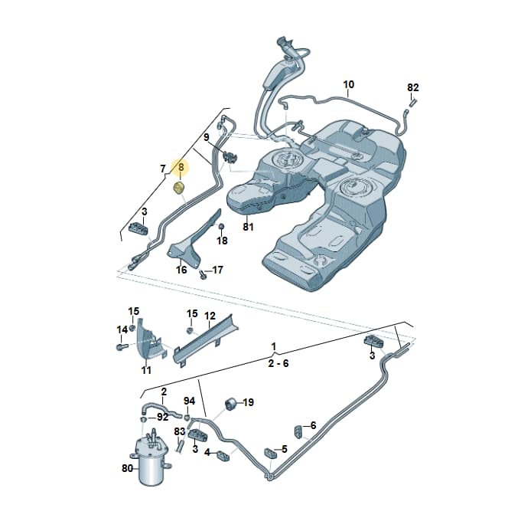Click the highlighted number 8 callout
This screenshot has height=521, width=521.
[181, 167]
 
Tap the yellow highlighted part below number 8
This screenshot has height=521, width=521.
[179, 188]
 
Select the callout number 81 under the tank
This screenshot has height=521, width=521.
[248, 227]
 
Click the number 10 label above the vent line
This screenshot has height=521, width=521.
[349, 84]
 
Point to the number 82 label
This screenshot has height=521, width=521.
[413, 87]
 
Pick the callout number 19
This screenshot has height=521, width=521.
[248, 402]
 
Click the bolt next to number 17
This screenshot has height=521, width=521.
[202, 274]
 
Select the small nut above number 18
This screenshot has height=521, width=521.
[221, 227]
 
